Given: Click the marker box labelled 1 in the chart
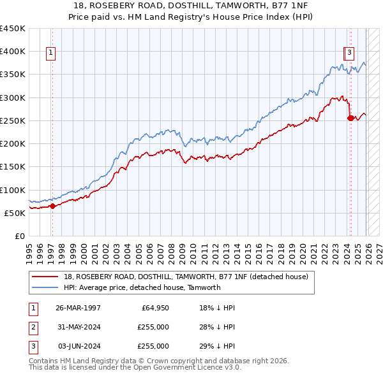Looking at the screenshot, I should (x=50, y=54).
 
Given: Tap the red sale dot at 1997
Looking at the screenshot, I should (x=53, y=205).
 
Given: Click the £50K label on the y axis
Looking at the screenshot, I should (x=15, y=213).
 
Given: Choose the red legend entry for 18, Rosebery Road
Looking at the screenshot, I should (x=186, y=277).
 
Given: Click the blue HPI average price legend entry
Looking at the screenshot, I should (x=142, y=287).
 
